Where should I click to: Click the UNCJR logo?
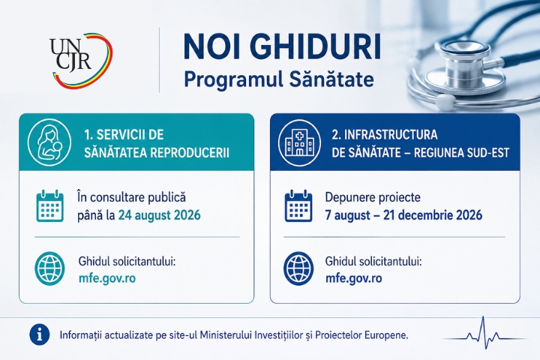click(81, 59)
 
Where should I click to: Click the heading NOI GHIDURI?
click(283, 46)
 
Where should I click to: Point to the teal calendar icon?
click(50, 205)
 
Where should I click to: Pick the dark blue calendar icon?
click(298, 205)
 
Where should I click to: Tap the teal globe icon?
click(50, 268)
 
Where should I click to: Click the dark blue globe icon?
click(298, 268)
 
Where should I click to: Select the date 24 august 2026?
click(160, 215)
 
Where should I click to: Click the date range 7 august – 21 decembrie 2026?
click(403, 215)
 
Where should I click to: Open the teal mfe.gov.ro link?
click(107, 278)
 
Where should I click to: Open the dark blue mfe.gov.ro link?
click(354, 278)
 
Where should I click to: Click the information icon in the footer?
click(40, 334)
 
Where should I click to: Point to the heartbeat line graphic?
click(484, 333)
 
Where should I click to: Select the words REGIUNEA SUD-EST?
click(461, 152)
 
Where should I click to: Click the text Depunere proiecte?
click(373, 197)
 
